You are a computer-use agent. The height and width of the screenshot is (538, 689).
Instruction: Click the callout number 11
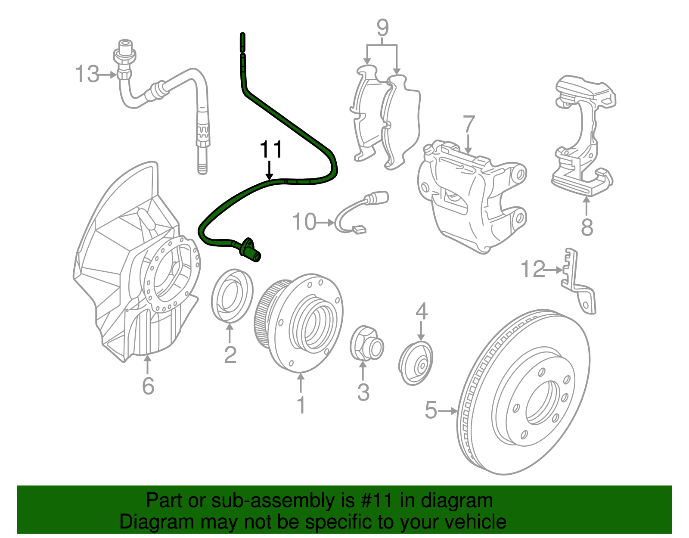[x=271, y=149]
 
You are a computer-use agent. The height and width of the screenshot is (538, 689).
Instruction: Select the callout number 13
[x=87, y=74]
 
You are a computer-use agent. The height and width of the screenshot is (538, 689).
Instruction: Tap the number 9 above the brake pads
[x=382, y=28]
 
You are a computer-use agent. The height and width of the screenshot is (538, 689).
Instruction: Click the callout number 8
[x=587, y=227]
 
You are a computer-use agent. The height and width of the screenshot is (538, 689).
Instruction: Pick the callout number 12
[x=533, y=270]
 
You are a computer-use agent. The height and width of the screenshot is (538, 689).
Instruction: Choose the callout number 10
[x=304, y=222]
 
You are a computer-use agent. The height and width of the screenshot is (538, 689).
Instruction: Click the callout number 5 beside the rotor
[x=431, y=410]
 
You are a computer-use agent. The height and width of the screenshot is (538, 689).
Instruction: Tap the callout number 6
[x=148, y=386]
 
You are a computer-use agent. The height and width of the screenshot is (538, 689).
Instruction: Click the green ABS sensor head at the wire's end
[x=250, y=250]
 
